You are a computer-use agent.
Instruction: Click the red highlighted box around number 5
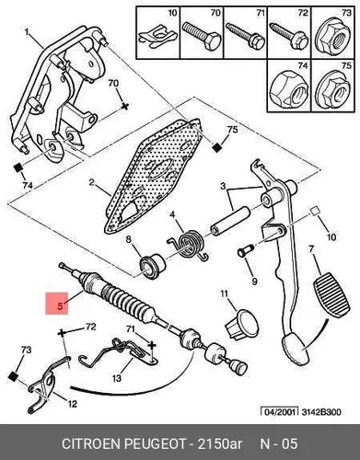pos(57,304)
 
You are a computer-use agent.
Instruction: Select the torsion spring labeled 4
pos(189,244)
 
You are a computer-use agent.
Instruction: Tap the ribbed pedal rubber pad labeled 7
pos(331,295)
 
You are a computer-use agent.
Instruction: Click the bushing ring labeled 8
pos(153,266)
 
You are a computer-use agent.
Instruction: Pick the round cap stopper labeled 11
pos(243,324)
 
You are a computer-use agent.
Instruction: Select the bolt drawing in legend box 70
pos(202,36)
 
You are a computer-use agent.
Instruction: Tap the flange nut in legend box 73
pos(333,37)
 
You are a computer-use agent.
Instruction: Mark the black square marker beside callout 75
pos(217,148)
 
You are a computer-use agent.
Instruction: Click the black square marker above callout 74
pos(18,168)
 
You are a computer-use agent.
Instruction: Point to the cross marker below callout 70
pos(124,107)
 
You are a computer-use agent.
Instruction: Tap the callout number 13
pos(117,379)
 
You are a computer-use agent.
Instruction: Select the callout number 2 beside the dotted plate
pos(91,182)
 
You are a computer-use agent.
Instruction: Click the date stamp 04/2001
pos(279,411)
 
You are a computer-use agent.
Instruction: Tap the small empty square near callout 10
pos(313,212)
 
